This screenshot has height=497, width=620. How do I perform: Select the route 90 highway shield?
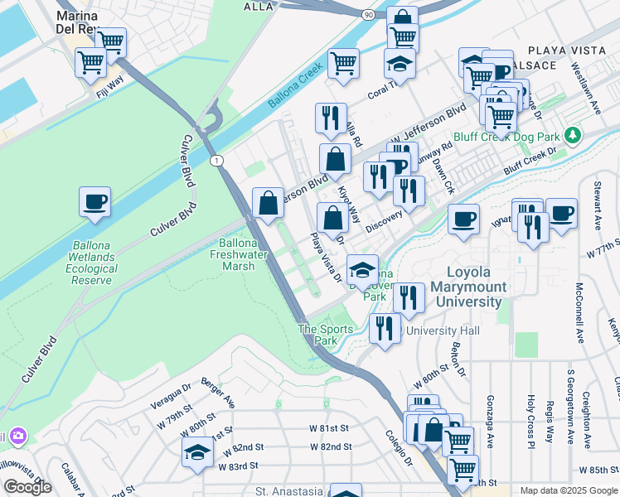coord(367,14)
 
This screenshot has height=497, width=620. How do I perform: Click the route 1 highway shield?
coord(216,160)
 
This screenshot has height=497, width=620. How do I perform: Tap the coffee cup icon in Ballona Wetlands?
coord(95,201)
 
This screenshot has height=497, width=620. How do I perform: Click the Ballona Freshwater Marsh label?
coord(245,255)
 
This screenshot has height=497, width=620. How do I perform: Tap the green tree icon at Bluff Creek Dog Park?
coord(570,134)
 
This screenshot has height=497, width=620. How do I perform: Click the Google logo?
coord(27,486)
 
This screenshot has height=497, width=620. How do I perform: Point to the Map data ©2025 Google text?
coord(568,490)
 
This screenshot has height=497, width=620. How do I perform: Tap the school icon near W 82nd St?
coord(197,452)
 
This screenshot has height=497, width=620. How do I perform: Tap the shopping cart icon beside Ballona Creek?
coord(343,62)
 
